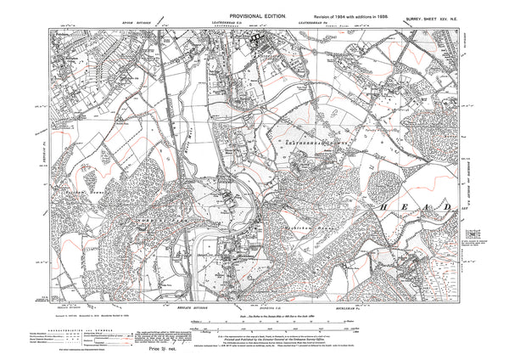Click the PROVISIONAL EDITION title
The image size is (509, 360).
tap(255, 8)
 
